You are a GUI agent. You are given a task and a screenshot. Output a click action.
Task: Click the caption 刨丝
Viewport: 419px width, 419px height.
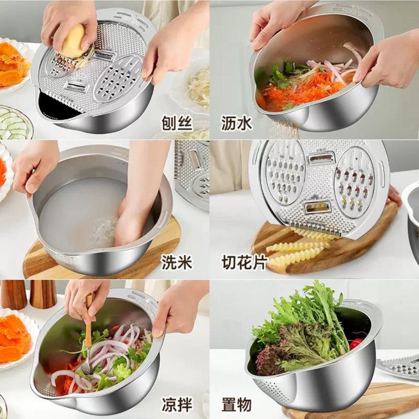point(177,123)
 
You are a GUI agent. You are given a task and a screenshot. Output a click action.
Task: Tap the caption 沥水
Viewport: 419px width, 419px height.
point(237,123)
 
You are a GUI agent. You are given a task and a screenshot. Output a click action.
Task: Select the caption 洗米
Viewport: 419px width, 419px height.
point(177,263)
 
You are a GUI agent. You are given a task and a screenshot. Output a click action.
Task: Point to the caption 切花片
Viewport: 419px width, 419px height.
point(244,263)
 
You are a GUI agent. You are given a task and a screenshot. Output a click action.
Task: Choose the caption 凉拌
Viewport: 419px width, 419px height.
point(177,404)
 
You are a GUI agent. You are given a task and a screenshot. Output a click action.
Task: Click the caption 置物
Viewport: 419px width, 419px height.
point(237,404)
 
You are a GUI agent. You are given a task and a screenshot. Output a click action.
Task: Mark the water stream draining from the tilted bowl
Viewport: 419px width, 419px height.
point(283,129)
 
